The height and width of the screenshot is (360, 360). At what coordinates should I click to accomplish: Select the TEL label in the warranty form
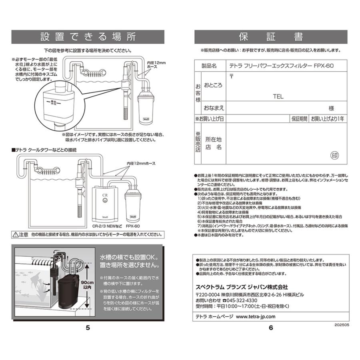coord(278,96)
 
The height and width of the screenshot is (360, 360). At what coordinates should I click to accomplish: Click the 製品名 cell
coord(208,66)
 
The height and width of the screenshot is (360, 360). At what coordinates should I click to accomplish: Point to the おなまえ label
coord(214,108)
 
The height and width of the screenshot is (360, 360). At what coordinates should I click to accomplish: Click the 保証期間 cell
coord(299,119)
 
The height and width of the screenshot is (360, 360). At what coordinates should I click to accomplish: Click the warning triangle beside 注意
coord(15,234)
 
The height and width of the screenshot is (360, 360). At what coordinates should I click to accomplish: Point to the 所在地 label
coord(213,139)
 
